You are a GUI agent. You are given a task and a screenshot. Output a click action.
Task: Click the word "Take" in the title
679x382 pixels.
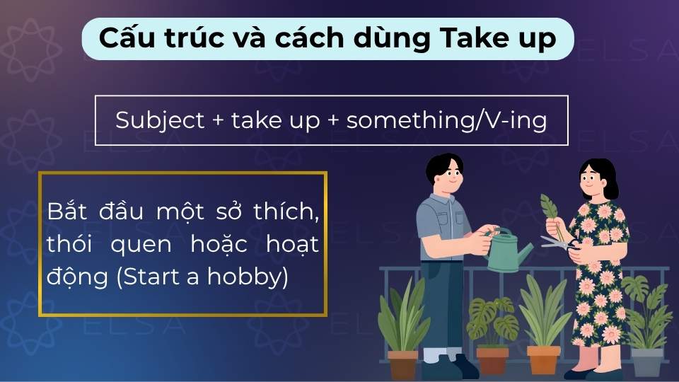[470, 39]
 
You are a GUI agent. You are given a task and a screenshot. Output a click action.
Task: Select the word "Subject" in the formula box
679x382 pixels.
[159, 121]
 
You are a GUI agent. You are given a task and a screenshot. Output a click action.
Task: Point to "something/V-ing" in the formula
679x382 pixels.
[447, 121]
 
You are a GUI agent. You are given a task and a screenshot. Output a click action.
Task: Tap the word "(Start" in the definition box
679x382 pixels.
[147, 277]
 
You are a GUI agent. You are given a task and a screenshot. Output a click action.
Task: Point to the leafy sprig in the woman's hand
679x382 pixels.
[549, 209]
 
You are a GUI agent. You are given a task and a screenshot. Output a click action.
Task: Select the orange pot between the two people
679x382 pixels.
[544, 359]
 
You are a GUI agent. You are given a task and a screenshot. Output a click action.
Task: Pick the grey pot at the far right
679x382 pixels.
[646, 361]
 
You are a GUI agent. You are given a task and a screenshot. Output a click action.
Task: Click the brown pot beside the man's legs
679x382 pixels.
[402, 364]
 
